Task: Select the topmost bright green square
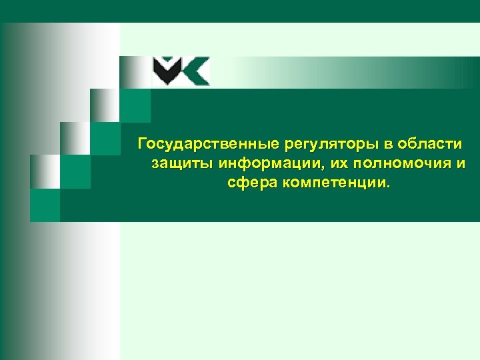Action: click(135, 105)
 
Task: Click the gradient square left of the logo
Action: click(135, 73)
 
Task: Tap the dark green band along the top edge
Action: click(240, 11)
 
